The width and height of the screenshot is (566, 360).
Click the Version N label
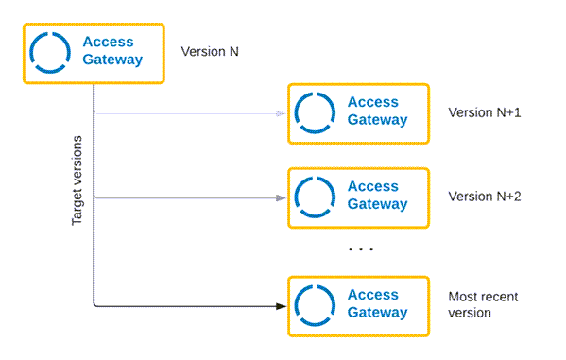coord(210,52)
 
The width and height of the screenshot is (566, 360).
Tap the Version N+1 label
coord(485,112)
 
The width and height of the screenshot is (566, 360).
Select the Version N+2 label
coord(485,197)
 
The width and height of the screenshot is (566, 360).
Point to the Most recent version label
coord(483,304)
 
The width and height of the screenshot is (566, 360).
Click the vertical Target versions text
coord(77,180)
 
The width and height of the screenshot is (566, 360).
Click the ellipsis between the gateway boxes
coord(361,249)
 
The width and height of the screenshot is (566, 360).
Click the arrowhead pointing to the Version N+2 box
coord(281,197)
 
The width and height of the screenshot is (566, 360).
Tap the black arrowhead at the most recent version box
coord(281,306)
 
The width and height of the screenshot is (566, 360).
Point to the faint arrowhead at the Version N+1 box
coord(281,113)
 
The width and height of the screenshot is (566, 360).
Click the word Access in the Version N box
coord(109,42)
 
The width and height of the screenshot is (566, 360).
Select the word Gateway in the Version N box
coord(112,60)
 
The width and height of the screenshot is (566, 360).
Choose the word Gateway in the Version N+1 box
coord(378,120)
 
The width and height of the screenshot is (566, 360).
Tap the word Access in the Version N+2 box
coord(373,186)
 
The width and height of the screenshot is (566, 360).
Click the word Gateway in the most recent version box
coord(378,313)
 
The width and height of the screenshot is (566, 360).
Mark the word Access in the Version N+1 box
coord(373,102)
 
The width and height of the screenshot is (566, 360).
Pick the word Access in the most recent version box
coord(373,295)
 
